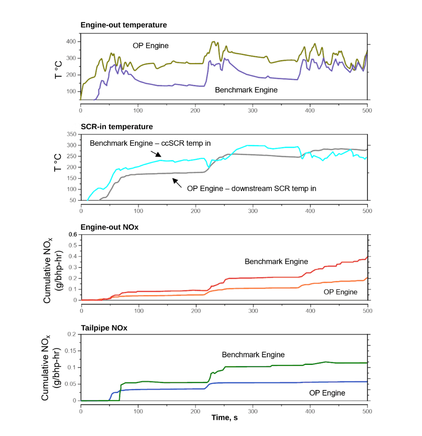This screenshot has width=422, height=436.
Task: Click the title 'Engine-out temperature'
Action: click(x=124, y=25)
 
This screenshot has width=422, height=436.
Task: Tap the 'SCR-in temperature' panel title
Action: click(x=117, y=127)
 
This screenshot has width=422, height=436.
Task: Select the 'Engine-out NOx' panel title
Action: click(x=110, y=227)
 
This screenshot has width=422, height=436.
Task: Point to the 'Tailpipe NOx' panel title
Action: click(x=104, y=328)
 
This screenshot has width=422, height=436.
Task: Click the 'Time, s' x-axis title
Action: click(x=225, y=418)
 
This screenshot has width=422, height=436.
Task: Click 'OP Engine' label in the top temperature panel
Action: click(x=151, y=46)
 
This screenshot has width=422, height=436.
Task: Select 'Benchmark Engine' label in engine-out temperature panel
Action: click(x=246, y=90)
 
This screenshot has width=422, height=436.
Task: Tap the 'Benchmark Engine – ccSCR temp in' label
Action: click(x=150, y=143)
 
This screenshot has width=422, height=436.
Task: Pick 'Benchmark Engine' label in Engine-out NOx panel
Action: click(x=276, y=262)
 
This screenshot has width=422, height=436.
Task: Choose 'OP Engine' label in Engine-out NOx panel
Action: click(x=340, y=291)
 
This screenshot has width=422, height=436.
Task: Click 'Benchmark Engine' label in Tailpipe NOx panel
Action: click(x=253, y=354)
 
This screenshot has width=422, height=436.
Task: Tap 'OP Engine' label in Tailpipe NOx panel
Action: click(x=327, y=393)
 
